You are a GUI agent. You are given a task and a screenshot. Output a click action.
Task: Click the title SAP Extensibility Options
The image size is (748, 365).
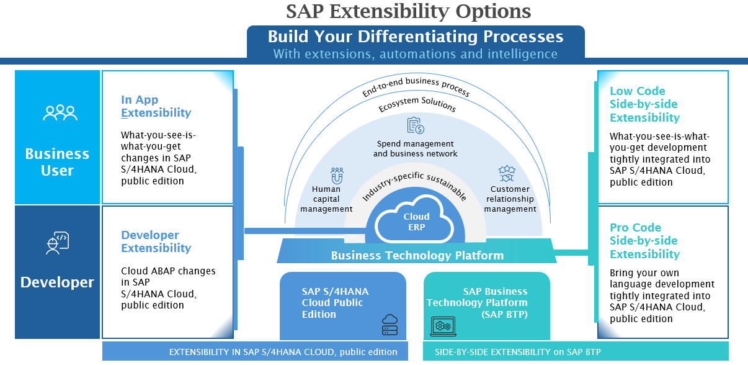click(409, 11)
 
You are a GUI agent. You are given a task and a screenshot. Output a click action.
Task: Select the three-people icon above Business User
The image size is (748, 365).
click(60, 112)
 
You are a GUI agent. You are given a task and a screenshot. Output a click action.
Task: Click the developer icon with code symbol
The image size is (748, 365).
click(58, 243)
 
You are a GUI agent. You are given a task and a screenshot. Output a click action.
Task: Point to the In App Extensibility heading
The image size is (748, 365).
click(156, 106)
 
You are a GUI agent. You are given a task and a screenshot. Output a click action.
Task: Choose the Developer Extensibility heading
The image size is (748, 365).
click(156, 241)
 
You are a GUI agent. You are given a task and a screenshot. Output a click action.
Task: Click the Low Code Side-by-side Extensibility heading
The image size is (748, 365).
click(644, 104)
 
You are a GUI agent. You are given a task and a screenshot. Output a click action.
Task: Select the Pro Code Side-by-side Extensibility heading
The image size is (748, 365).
click(644, 241)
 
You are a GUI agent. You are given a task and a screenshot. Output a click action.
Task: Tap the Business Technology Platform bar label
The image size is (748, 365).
click(417, 255)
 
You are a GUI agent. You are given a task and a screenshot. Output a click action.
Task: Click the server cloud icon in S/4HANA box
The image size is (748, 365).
click(390, 324)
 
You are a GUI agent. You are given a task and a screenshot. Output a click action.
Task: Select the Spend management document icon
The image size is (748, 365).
click(415, 127)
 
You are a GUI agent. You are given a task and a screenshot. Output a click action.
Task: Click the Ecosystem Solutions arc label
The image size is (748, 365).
click(417, 106)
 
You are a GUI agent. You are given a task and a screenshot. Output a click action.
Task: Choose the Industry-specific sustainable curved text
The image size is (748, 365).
click(414, 184)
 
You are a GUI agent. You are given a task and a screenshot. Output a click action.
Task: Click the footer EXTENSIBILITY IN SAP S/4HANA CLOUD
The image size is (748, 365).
click(283, 352)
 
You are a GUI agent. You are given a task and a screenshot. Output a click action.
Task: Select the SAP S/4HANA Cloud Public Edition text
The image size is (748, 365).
click(332, 303)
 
